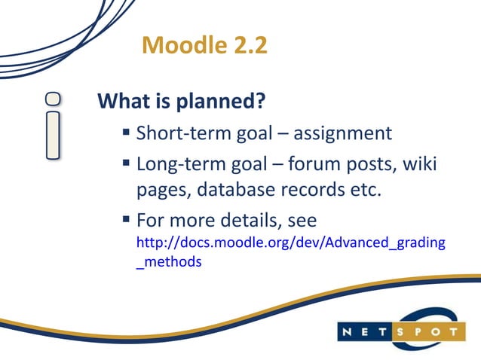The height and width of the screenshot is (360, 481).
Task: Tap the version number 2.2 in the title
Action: (247, 46)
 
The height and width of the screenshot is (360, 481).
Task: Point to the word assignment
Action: (342, 134)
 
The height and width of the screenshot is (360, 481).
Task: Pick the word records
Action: (311, 189)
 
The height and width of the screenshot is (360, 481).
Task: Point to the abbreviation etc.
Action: (358, 189)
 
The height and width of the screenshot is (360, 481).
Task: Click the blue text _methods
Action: (168, 263)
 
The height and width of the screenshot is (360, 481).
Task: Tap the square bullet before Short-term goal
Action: (126, 135)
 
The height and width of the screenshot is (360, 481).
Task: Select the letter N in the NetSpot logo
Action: (351, 331)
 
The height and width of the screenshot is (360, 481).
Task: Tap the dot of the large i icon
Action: (53, 97)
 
